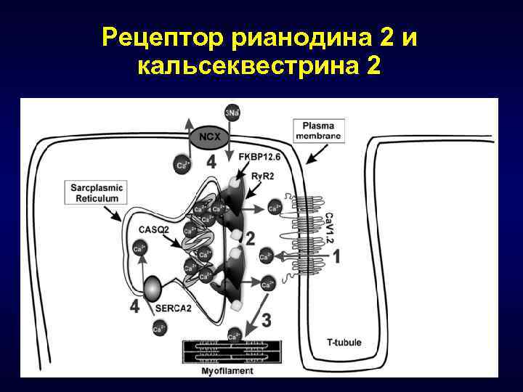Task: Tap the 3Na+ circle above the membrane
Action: pyautogui.click(x=232, y=113)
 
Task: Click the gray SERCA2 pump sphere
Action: pyautogui.click(x=153, y=290)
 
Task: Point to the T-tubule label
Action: pyautogui.click(x=344, y=343)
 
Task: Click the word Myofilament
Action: pyautogui.click(x=227, y=371)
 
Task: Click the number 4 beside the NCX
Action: pyautogui.click(x=211, y=163)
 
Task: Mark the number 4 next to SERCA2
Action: pyautogui.click(x=134, y=307)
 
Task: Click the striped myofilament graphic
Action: pyautogui.click(x=227, y=351)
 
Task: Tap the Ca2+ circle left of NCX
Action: pyautogui.click(x=180, y=165)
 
